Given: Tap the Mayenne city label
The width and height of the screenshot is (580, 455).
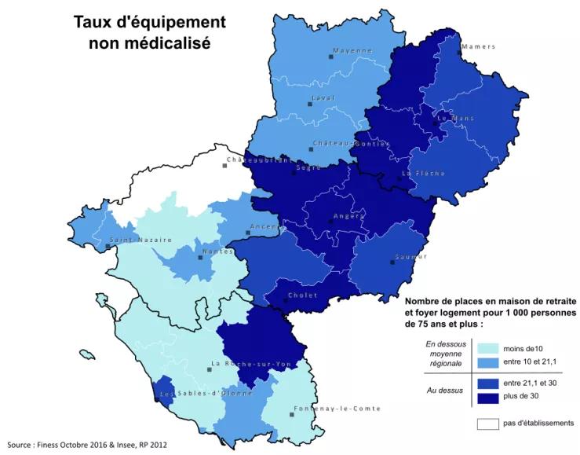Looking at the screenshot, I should [x=352, y=50].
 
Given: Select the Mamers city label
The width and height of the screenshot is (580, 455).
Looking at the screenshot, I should [x=479, y=46].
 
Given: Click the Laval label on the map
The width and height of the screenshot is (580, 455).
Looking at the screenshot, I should [x=323, y=97].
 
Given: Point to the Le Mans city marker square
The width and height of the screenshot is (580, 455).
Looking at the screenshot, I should [x=435, y=123].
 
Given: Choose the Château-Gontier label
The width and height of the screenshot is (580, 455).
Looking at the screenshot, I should [x=350, y=143].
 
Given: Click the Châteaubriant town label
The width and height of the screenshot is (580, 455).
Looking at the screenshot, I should [x=259, y=160].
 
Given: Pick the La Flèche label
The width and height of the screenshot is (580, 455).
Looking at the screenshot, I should [x=424, y=173].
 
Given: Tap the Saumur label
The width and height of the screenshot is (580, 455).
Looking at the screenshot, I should [x=411, y=256].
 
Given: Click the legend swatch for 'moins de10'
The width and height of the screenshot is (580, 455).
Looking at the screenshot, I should [x=487, y=348].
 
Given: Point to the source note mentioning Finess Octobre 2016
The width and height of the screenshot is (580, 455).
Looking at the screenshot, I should [x=86, y=445].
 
